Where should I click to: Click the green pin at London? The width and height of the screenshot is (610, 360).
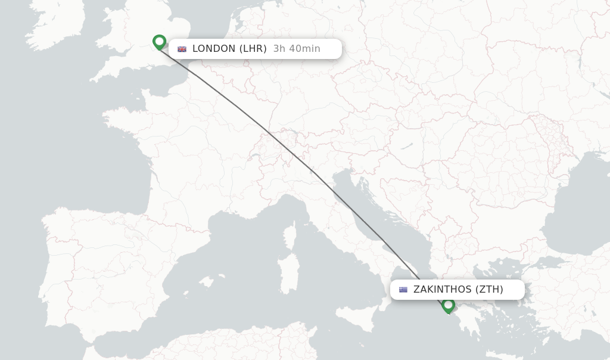[x=159, y=42]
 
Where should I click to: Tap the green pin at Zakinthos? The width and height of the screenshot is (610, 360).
[x=449, y=305]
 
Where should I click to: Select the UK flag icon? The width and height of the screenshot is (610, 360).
[x=182, y=49]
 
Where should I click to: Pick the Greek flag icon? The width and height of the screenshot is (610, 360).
[x=403, y=290]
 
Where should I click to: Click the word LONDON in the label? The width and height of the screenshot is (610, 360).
[x=214, y=49]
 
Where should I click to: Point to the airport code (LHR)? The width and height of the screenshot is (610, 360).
[x=253, y=49]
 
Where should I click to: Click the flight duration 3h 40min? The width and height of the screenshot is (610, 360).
[x=297, y=49]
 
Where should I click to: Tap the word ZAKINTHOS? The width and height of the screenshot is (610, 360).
[x=442, y=290]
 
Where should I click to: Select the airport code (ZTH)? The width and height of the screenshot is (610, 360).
[x=489, y=290]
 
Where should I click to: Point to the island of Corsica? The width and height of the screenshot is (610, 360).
[x=290, y=235]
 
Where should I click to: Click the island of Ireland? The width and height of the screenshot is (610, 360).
[x=57, y=24]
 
